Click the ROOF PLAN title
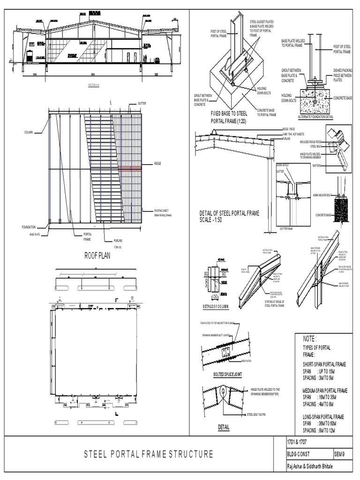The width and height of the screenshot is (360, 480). click(99, 255)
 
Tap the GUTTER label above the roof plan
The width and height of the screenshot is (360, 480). click(142, 103)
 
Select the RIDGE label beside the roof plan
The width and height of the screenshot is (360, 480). click(157, 164)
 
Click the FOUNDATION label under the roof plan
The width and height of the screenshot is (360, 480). click(29, 227)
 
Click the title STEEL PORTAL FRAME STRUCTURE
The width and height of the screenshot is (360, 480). click(149, 454)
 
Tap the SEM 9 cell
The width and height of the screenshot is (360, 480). click(340, 454)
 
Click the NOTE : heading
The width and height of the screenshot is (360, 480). click(310, 338)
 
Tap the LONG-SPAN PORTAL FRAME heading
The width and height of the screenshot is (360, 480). click(323, 416)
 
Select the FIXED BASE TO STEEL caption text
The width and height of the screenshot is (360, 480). click(229, 113)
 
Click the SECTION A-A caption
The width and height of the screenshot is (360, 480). click(95, 85)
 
